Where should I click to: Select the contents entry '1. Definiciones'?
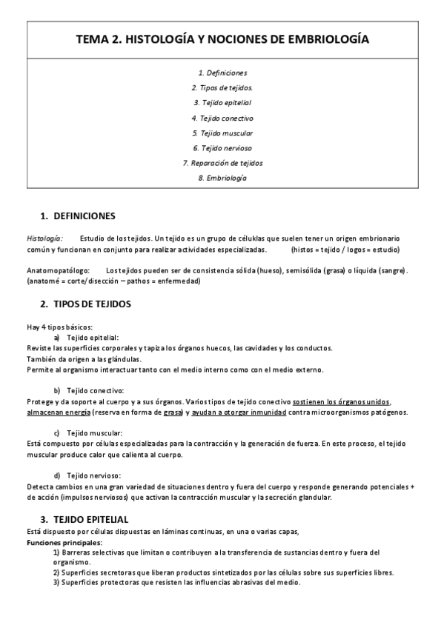click(222, 73)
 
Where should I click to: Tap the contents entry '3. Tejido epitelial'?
click(222, 102)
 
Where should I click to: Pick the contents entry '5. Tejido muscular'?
click(222, 133)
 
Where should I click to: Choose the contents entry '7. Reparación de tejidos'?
click(222, 163)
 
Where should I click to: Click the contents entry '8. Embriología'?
click(222, 178)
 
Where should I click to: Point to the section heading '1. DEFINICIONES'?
click(78, 216)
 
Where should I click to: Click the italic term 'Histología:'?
click(44, 239)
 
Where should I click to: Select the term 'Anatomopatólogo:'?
click(58, 270)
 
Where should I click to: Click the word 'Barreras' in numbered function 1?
click(78, 552)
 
